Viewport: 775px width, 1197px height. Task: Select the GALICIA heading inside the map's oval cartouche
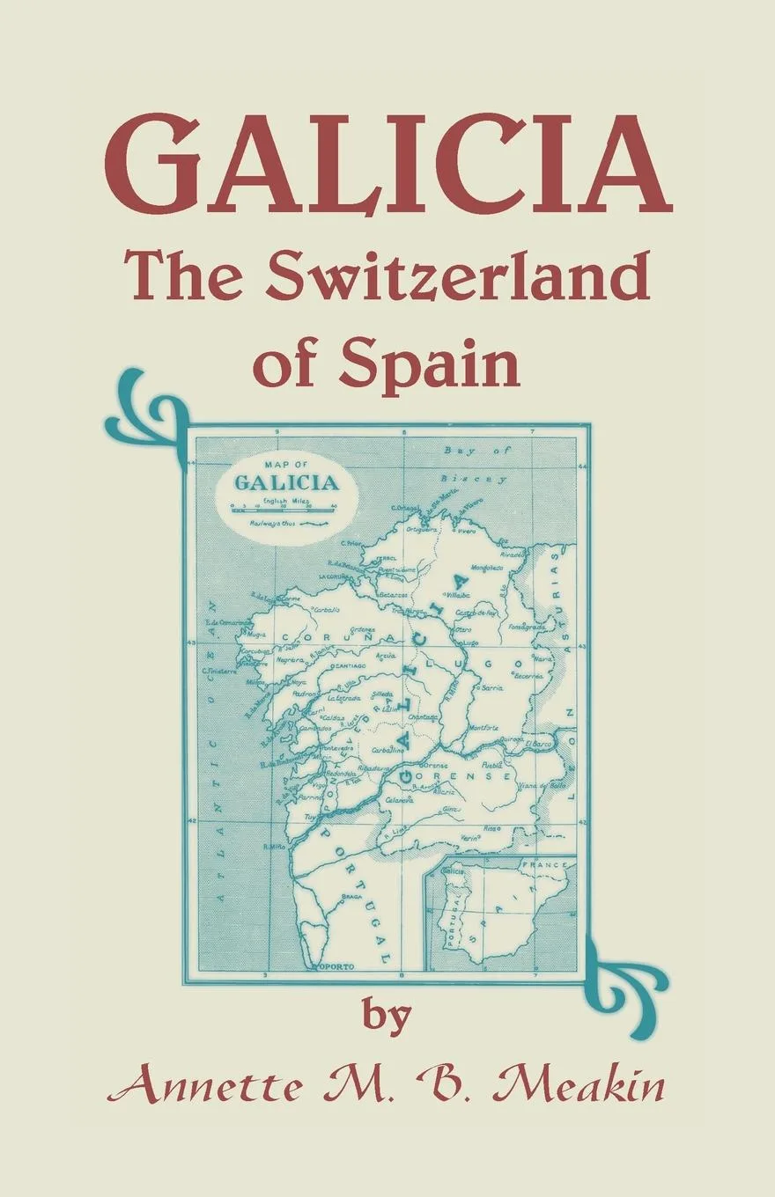(x=285, y=482)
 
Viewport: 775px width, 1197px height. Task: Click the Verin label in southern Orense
(x=469, y=838)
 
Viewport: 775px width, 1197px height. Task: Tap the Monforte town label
(x=483, y=728)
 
